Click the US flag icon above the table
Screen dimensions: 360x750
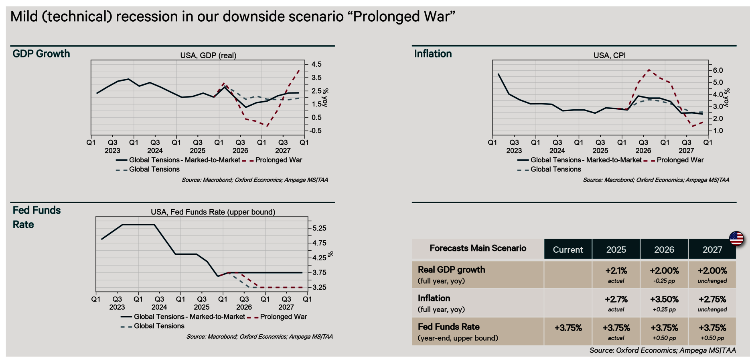(736, 239)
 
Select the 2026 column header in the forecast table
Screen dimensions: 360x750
(664, 250)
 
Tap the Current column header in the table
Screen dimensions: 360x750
(568, 250)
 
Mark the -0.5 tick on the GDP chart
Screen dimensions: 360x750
(315, 131)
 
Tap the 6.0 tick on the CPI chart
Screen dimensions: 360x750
(718, 70)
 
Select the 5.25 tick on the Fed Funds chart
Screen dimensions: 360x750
(319, 228)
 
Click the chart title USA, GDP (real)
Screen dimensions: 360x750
(208, 55)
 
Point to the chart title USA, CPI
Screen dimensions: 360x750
(609, 55)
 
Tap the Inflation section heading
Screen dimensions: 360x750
(433, 54)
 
